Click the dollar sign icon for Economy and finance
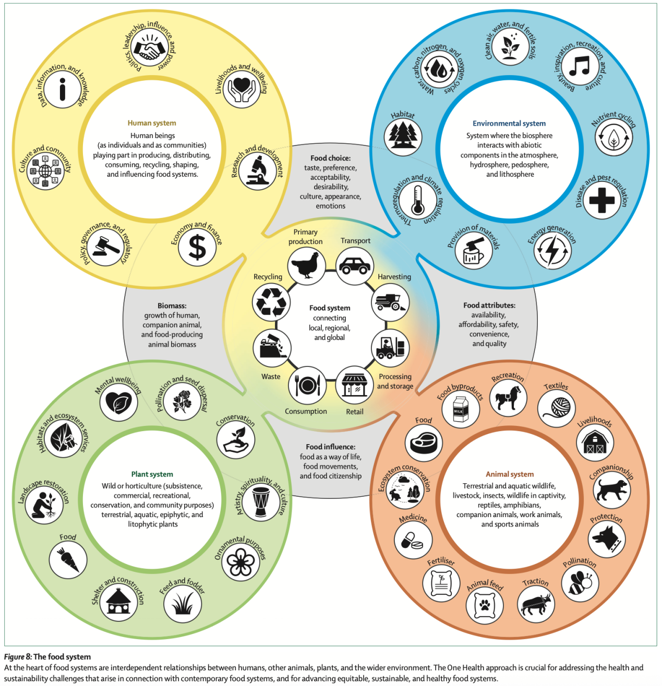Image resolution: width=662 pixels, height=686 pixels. click(197, 247)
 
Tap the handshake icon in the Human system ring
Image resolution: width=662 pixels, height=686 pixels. click(150, 48)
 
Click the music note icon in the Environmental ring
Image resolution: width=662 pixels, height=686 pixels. click(579, 67)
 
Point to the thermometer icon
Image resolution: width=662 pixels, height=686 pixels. click(417, 201)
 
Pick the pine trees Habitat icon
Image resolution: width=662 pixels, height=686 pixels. click(403, 137)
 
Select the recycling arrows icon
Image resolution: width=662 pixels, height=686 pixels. click(271, 302)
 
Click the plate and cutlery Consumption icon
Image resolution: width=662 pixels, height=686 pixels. click(307, 385)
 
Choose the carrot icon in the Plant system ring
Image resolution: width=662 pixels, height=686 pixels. click(68, 560)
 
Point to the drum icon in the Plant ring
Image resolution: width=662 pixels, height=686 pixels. click(260, 501)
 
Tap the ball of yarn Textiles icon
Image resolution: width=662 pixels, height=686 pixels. click(557, 408)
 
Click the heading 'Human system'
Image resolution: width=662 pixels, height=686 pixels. click(152, 123)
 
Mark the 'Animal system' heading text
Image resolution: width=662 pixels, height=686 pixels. click(510, 474)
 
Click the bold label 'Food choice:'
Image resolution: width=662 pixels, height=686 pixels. click(330, 158)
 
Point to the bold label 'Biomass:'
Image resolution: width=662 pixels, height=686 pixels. click(172, 305)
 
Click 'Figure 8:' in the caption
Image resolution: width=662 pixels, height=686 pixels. click(18, 657)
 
